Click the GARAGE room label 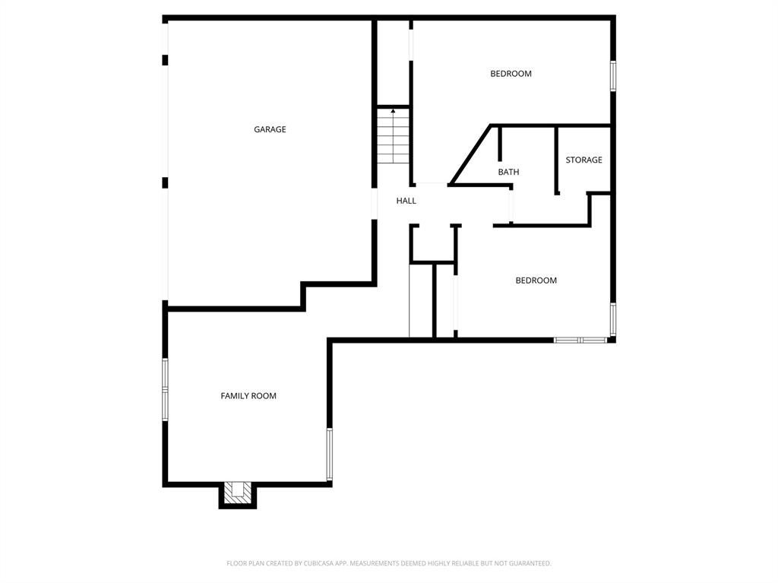tap(270, 130)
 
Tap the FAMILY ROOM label tap(248, 396)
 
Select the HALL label tap(406, 201)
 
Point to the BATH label tap(508, 173)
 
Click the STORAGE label tap(583, 160)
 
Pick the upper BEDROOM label tap(511, 74)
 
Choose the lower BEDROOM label tap(536, 280)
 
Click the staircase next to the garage tap(394, 141)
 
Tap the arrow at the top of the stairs tap(393, 112)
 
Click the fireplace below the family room tap(238, 493)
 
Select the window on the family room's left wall tap(165, 388)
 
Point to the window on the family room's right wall tap(329, 454)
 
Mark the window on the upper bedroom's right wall tap(612, 77)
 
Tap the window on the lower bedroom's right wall tap(612, 319)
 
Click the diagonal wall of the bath tap(471, 155)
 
